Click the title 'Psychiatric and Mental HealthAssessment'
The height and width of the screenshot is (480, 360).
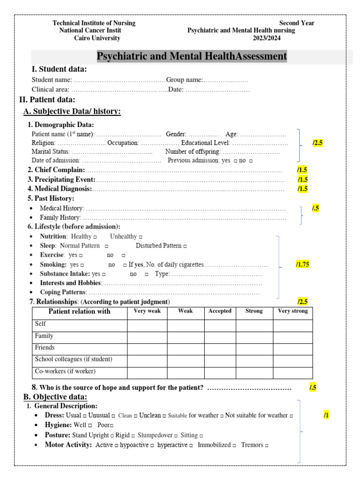(x=191, y=57)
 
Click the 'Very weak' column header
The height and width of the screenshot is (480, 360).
(x=147, y=311)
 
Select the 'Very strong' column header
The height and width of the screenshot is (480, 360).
(x=292, y=311)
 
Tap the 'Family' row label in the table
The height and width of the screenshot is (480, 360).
(x=44, y=336)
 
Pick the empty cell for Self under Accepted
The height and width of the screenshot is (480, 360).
(x=220, y=325)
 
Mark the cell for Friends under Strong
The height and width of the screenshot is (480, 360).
(x=254, y=349)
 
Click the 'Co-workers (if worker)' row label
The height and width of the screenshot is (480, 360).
(x=65, y=371)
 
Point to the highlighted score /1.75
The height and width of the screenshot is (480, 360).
(x=302, y=265)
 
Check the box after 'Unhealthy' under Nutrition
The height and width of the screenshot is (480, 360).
(x=141, y=237)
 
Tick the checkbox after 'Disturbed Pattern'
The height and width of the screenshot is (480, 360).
(x=185, y=246)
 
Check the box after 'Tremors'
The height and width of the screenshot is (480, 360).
(x=266, y=445)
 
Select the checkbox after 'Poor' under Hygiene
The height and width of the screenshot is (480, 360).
(x=112, y=425)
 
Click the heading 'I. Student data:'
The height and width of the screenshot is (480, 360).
(x=59, y=69)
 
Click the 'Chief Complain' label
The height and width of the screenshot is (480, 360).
(x=60, y=170)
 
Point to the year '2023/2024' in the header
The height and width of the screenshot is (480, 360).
(x=267, y=38)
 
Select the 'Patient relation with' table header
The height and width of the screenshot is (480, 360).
(x=80, y=312)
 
